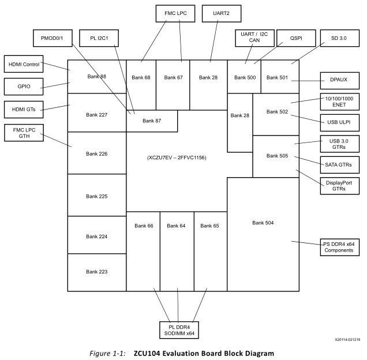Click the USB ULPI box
click(x=339, y=122)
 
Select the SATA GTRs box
click(x=339, y=164)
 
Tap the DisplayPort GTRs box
click(x=339, y=185)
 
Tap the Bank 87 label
click(x=152, y=121)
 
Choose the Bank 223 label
click(x=96, y=271)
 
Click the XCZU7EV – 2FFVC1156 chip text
click(x=177, y=157)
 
